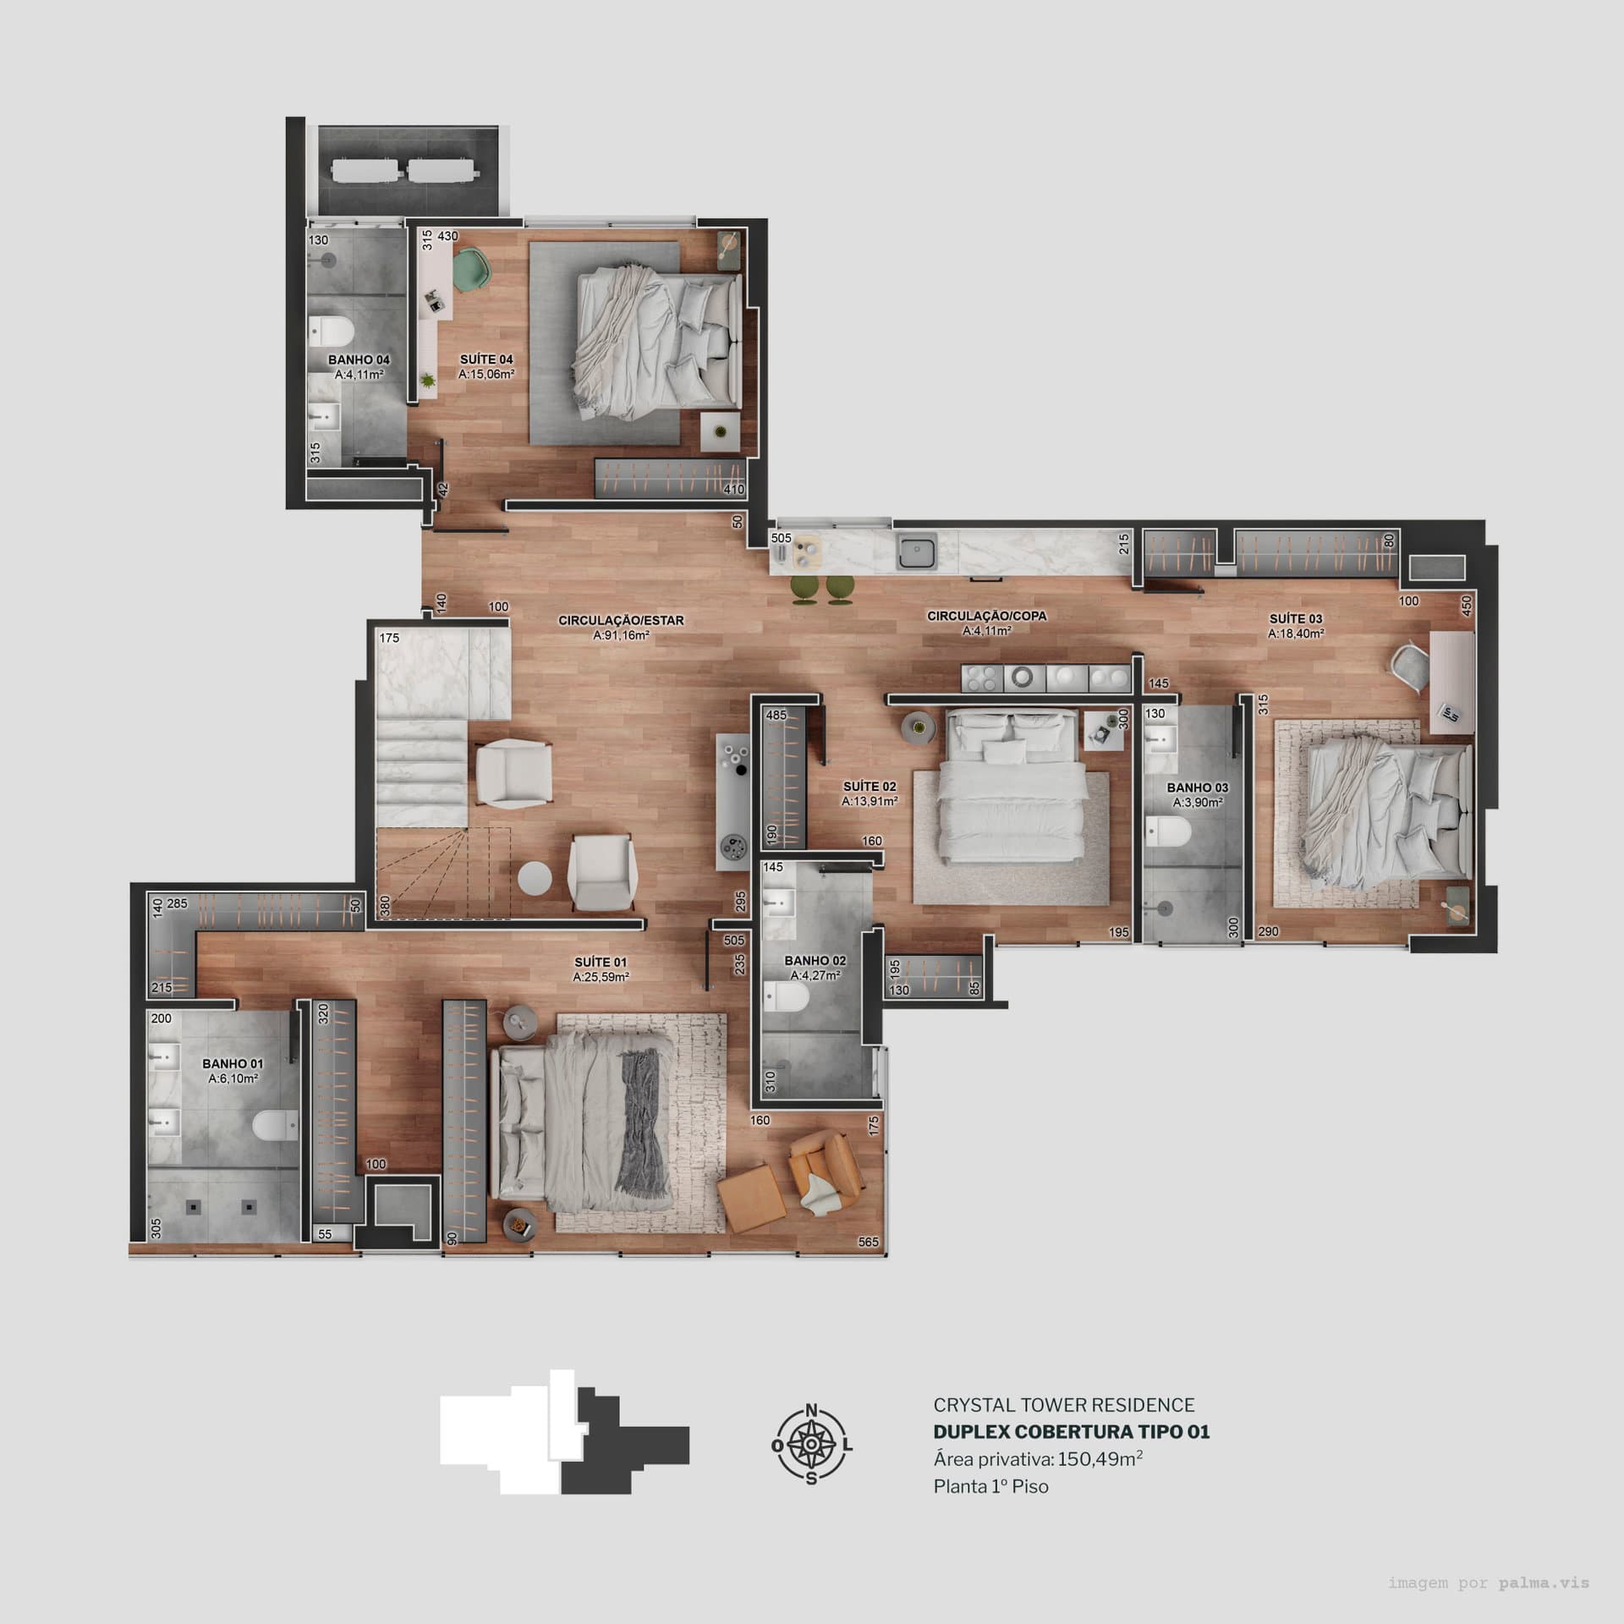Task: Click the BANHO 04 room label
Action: pos(359,360)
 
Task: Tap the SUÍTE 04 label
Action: pos(486,359)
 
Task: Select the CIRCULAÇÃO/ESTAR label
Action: pos(621,621)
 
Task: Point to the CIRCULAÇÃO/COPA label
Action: pos(986,616)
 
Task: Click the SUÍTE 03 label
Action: pos(1295,618)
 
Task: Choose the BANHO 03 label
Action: pos(1197,787)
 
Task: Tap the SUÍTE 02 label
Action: pos(869,787)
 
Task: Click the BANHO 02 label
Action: pos(815,961)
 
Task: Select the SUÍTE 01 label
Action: pos(600,962)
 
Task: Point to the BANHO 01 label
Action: pos(233,1064)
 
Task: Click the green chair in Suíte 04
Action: pos(472,269)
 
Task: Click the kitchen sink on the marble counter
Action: pos(917,552)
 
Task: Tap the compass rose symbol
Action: pos(811,1445)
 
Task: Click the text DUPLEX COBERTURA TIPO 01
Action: pos(1071,1432)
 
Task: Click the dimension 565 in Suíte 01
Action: pos(868,1243)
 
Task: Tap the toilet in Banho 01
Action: pos(276,1124)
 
